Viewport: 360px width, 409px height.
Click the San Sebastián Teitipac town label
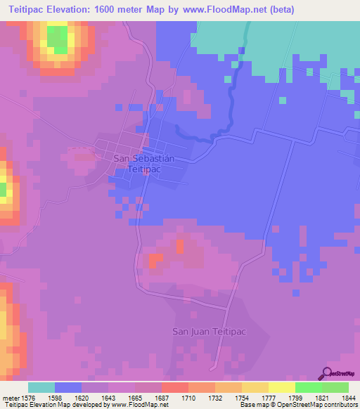[x=143, y=164]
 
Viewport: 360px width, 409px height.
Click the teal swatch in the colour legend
[x=41, y=387]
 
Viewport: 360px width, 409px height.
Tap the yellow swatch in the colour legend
[x=281, y=387]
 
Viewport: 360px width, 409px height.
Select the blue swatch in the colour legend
[x=68, y=387]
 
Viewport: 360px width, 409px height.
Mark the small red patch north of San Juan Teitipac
[x=153, y=260]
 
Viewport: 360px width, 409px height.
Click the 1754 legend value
[x=233, y=398]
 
